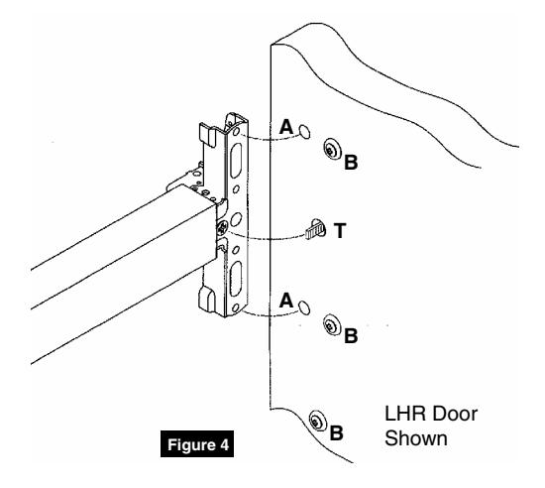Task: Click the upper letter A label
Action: coord(286,128)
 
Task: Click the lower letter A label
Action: coord(286,299)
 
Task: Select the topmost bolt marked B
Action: coord(330,151)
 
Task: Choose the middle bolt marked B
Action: coord(330,324)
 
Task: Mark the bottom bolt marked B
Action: coord(317,420)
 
